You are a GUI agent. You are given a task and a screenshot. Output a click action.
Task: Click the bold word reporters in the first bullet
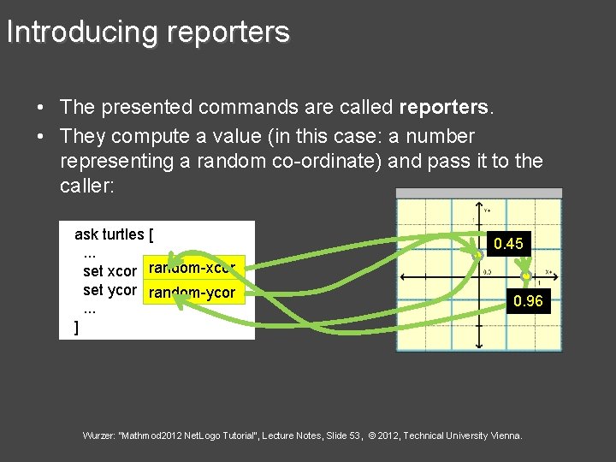[443, 107]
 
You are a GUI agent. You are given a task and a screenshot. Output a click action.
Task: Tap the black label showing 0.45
[508, 244]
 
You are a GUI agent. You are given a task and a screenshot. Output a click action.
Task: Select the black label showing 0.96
[527, 301]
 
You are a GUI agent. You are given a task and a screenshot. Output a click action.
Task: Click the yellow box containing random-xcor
[196, 269]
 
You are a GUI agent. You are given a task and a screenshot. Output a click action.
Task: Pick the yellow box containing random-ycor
[192, 293]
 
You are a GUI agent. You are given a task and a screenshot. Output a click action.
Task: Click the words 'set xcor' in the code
[110, 270]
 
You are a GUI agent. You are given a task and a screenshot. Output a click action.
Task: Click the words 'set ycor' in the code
[110, 290]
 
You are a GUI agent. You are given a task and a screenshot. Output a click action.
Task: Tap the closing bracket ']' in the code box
[77, 327]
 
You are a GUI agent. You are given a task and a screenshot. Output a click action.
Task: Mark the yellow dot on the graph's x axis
[526, 277]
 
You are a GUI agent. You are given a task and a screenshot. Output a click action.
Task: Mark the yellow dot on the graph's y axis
[479, 255]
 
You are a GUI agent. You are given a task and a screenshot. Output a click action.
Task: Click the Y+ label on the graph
[487, 210]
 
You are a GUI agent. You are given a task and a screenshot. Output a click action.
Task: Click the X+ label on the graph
[549, 271]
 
